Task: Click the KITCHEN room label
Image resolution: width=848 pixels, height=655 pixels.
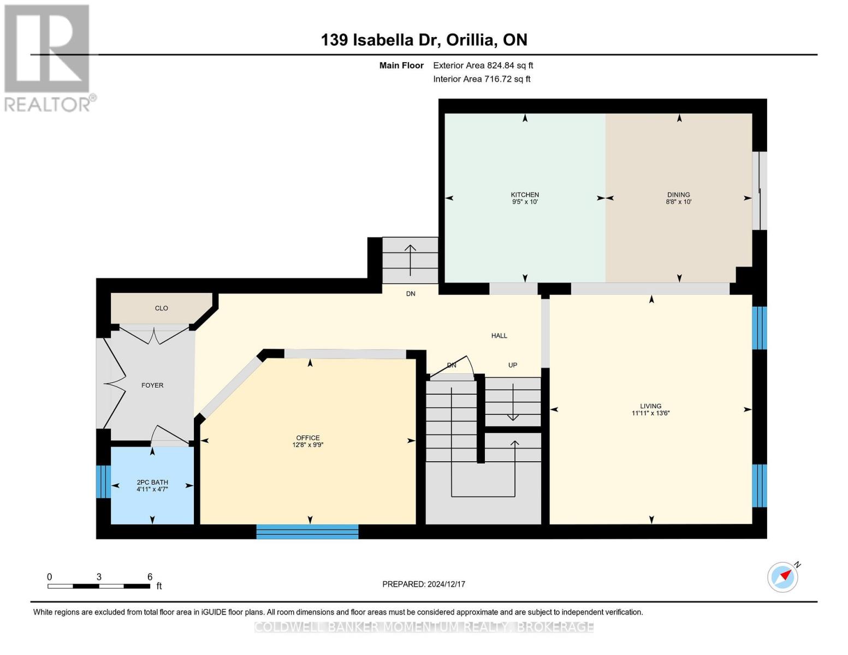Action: click(x=525, y=195)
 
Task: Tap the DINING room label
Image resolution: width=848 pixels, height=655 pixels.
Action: click(x=678, y=195)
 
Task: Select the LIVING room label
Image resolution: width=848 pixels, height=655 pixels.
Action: click(x=650, y=406)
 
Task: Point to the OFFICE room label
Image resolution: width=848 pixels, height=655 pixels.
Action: click(x=308, y=438)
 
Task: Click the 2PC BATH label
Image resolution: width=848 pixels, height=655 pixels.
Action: click(x=152, y=483)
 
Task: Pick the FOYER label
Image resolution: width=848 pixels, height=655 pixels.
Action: click(x=152, y=385)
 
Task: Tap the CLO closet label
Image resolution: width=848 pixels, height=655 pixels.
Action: click(x=161, y=308)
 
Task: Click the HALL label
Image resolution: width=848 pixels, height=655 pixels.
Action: click(x=499, y=336)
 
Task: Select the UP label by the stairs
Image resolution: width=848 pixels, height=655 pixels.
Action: click(x=512, y=365)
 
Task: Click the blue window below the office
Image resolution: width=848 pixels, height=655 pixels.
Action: click(x=307, y=532)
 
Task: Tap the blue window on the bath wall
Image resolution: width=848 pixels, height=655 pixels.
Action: click(x=103, y=481)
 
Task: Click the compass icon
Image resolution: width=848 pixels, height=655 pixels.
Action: click(x=782, y=577)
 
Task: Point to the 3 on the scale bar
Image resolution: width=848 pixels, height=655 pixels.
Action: click(x=99, y=577)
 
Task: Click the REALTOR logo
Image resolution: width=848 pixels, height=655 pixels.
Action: click(x=48, y=57)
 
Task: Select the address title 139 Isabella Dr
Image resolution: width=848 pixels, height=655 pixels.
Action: click(x=424, y=40)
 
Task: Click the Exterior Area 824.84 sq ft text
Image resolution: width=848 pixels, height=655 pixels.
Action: click(x=483, y=65)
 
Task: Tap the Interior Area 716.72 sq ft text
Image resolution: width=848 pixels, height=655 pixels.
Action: click(x=482, y=79)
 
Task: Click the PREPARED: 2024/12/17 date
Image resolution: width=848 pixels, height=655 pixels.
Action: click(x=424, y=584)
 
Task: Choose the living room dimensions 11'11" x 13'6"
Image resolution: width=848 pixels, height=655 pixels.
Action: click(x=650, y=413)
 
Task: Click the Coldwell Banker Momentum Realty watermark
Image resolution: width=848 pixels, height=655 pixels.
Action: click(x=424, y=627)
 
